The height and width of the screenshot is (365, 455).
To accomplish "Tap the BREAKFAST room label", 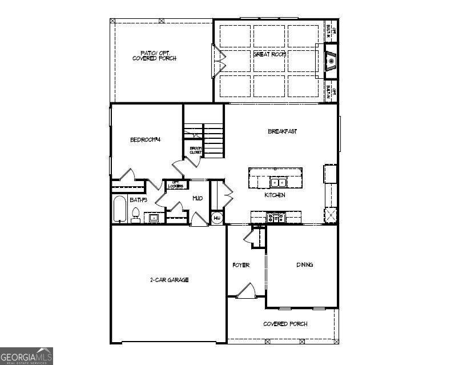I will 282,131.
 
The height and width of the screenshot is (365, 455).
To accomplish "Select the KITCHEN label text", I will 275,195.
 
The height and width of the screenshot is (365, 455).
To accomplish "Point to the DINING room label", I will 304,264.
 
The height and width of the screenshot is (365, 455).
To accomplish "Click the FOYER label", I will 240,265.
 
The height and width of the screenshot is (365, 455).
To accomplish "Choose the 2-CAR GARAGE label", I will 169,280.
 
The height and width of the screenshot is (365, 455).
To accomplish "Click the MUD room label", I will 198,198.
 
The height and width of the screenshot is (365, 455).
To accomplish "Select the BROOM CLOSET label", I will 196,151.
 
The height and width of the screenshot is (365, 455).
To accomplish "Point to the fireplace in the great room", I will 331,59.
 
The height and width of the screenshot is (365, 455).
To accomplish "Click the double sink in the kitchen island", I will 278,183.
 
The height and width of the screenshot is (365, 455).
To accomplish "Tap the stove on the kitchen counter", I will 276,217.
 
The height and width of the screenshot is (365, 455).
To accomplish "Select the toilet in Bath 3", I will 136,215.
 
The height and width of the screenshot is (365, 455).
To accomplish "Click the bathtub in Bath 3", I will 120,210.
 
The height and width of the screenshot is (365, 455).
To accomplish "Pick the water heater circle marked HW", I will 217,218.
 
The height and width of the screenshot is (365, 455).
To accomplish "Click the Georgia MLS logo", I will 26,355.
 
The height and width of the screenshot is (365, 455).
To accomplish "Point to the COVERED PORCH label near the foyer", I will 285,324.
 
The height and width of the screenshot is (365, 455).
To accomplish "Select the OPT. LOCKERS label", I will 176,184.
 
